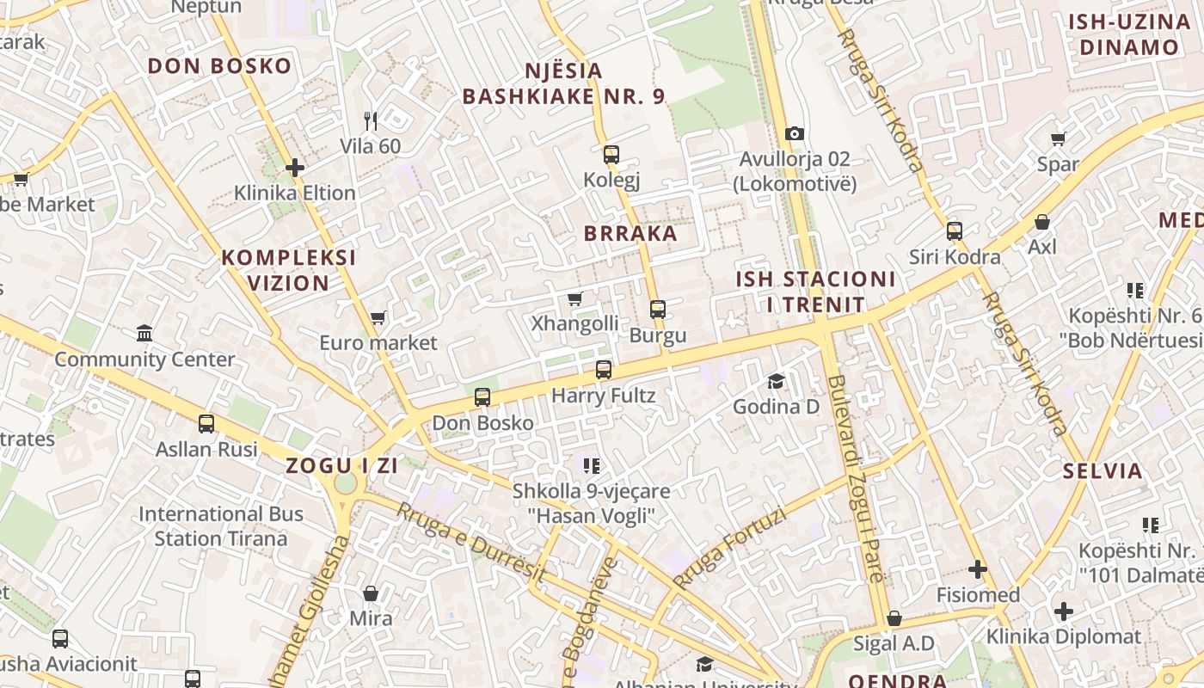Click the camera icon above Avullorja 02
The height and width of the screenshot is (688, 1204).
[x=795, y=133]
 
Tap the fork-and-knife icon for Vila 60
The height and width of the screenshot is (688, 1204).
[x=371, y=120]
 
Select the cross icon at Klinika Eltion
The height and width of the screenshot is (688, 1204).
[x=295, y=168]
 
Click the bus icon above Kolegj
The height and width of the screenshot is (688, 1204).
[x=611, y=155]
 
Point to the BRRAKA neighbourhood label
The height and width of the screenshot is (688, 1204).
[x=630, y=233]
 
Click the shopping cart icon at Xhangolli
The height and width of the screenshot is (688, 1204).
[x=575, y=298]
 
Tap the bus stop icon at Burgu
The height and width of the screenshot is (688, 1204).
[x=658, y=310]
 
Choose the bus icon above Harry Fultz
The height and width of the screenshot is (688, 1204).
[x=604, y=370]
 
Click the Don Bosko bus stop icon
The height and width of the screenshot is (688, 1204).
[x=482, y=397]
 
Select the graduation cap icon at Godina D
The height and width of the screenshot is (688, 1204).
[x=777, y=381]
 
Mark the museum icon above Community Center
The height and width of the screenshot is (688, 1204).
[x=144, y=333]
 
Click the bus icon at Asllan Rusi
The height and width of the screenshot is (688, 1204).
[x=206, y=423]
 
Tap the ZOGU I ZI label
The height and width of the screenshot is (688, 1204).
[x=342, y=466]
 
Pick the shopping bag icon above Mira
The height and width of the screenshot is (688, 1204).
[x=371, y=593]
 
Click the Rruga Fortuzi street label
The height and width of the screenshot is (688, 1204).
[x=730, y=548]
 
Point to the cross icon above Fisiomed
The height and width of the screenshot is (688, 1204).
[x=978, y=569]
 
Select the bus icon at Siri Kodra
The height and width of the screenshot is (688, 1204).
[x=955, y=230]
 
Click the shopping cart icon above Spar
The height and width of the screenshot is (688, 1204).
[x=1059, y=138]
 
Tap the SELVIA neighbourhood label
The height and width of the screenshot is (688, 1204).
[x=1103, y=471]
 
